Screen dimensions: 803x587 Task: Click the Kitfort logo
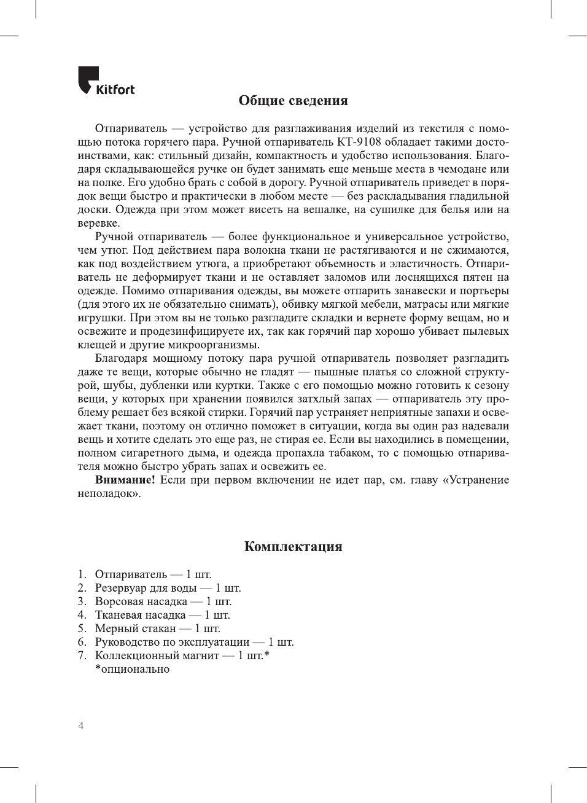(x=106, y=82)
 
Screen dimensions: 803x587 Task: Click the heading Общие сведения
(x=293, y=101)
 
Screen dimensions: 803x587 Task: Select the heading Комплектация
(x=293, y=547)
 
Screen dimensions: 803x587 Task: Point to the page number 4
(x=81, y=726)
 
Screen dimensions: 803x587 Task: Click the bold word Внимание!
(x=125, y=480)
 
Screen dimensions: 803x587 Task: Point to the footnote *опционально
(x=132, y=669)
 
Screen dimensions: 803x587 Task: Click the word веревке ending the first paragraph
(x=98, y=223)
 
